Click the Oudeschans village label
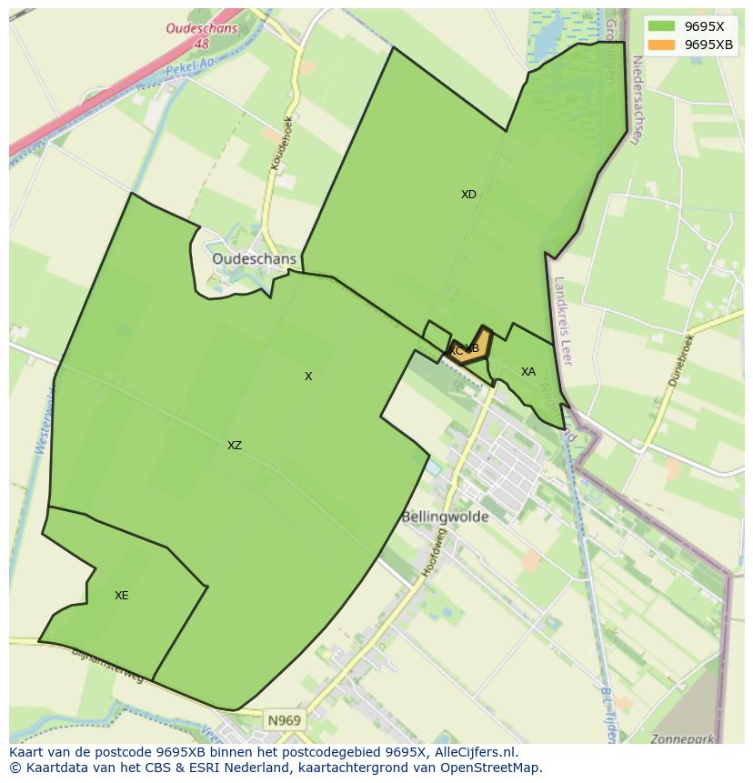[254, 259]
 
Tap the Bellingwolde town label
[445, 517]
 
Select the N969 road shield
[284, 720]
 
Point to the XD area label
[468, 195]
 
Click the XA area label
[527, 372]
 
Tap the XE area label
[121, 596]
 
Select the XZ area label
[235, 446]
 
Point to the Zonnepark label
[682, 739]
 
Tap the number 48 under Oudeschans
[201, 44]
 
